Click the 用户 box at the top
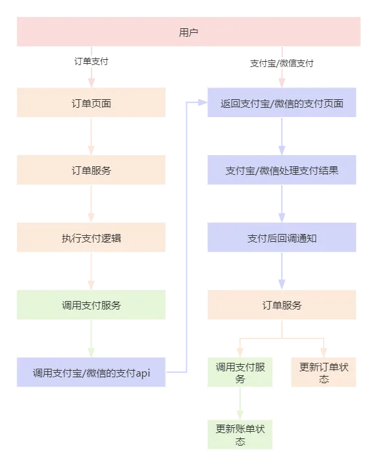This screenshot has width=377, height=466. point(188,32)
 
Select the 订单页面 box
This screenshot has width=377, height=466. point(91,103)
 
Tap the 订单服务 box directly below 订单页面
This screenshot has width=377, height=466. point(91,171)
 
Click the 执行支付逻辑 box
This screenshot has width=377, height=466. point(91,238)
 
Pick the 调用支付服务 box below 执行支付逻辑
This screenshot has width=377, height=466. point(91,305)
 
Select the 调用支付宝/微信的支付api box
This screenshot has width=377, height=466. point(91,372)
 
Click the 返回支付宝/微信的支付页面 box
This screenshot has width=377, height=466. point(282,103)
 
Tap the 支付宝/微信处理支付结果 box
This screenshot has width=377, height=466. point(282,171)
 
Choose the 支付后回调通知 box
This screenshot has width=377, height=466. point(282,238)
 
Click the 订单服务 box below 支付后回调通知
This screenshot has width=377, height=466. point(282,305)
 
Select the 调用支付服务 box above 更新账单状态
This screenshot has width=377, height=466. point(240,372)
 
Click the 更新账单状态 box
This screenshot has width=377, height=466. point(240,434)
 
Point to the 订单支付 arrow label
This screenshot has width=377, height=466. point(91,62)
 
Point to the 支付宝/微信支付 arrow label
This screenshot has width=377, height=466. point(282,64)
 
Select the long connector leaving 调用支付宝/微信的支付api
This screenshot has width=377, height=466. point(189,237)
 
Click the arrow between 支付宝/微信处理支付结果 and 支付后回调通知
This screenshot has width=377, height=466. point(282,204)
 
